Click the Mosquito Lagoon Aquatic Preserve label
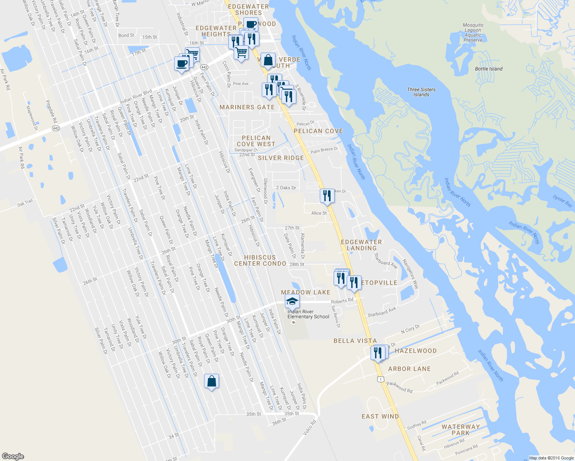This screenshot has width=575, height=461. click(x=473, y=33)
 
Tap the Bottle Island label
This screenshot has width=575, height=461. click(x=489, y=69)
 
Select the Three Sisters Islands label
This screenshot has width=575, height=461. click(x=421, y=92)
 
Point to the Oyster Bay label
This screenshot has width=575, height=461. click(x=562, y=201)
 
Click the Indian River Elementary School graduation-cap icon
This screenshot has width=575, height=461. click(x=292, y=302)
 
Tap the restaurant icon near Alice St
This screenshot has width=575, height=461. click(x=327, y=196)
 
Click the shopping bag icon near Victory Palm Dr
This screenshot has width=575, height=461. click(x=211, y=381)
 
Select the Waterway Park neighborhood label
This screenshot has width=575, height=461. click(x=460, y=430)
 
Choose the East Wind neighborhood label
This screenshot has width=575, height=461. click(x=380, y=416)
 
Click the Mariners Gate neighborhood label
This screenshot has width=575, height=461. click(x=247, y=108)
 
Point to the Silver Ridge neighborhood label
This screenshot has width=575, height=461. click(x=281, y=158)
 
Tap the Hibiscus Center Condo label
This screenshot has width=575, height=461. click(x=260, y=260)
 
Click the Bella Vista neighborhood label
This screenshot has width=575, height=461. click(x=355, y=341)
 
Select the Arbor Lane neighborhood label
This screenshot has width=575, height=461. click(x=409, y=369)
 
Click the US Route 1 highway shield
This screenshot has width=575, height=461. click(x=380, y=380)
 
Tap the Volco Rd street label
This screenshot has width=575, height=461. click(x=309, y=427)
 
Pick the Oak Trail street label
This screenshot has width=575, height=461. click(x=25, y=203)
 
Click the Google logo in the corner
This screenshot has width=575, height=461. click(x=13, y=456)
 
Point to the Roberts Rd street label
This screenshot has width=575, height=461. click(x=342, y=301)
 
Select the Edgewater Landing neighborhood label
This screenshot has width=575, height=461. click(x=361, y=245)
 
